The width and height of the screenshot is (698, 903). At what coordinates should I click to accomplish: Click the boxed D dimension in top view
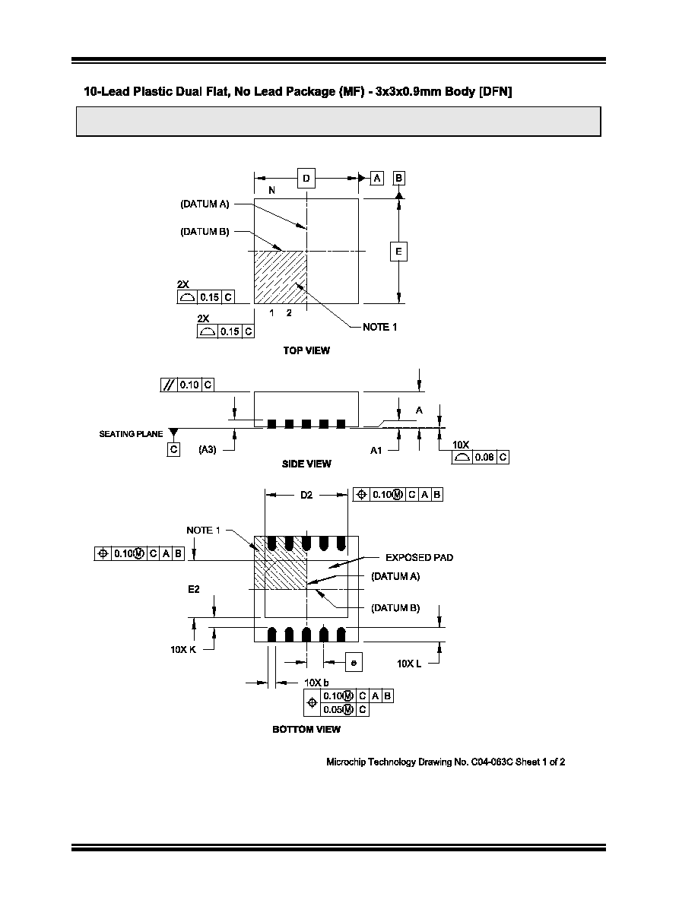306,178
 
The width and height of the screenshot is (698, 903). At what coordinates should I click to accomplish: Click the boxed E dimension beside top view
398,251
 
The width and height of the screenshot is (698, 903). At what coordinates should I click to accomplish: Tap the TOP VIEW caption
306,350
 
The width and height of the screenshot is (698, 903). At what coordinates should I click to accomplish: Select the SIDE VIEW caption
306,464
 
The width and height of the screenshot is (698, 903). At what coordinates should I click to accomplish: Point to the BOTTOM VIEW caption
306,729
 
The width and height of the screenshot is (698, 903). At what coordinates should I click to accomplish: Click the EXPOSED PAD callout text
419,557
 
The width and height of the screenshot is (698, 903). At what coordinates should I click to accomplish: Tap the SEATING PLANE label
131,434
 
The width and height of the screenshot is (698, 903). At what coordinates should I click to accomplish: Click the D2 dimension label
306,495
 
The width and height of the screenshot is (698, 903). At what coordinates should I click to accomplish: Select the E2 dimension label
193,589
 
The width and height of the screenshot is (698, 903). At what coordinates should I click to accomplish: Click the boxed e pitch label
354,662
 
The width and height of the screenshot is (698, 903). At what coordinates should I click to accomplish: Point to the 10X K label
183,650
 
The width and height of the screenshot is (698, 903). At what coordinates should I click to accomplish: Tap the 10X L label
409,664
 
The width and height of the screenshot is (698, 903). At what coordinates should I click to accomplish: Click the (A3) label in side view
208,449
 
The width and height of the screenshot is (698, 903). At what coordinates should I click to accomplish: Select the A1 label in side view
376,450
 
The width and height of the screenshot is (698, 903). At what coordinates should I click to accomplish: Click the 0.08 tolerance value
485,458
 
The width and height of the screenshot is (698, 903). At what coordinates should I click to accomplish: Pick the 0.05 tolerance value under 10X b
332,709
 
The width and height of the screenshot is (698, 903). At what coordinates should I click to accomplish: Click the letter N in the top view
272,190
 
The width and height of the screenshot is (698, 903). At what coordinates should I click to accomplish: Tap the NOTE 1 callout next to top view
379,327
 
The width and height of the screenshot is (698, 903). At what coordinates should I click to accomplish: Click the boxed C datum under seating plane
174,449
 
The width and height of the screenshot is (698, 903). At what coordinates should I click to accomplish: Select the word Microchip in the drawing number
345,762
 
